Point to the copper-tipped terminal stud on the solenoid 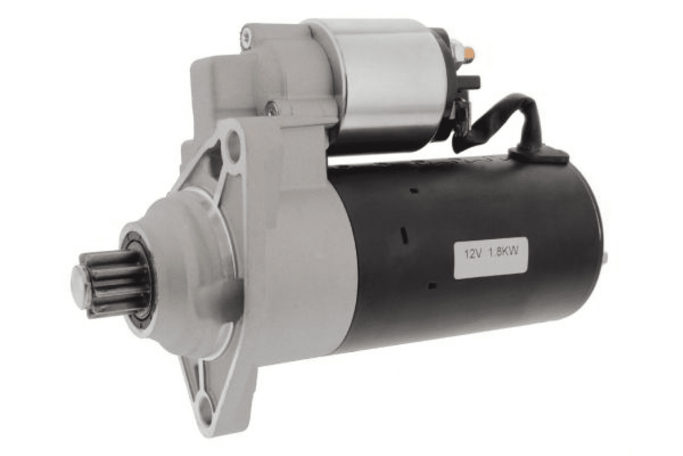[469, 52]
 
